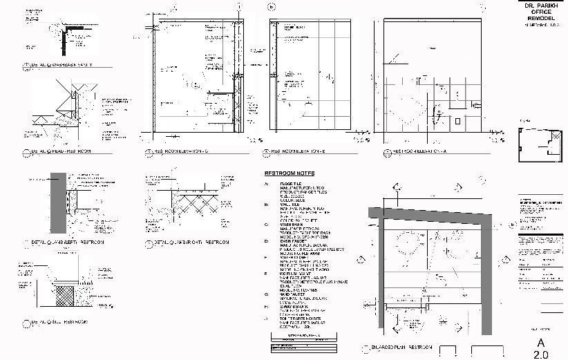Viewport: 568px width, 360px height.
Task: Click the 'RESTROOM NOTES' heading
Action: pyautogui.click(x=290, y=173)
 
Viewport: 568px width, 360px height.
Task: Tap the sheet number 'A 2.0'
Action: pyautogui.click(x=541, y=348)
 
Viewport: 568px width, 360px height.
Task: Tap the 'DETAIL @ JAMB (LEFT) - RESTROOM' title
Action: pyautogui.click(x=67, y=243)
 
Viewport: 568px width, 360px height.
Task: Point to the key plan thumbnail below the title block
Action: pyautogui.click(x=539, y=144)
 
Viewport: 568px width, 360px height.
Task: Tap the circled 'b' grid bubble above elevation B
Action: pyautogui.click(x=272, y=8)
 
